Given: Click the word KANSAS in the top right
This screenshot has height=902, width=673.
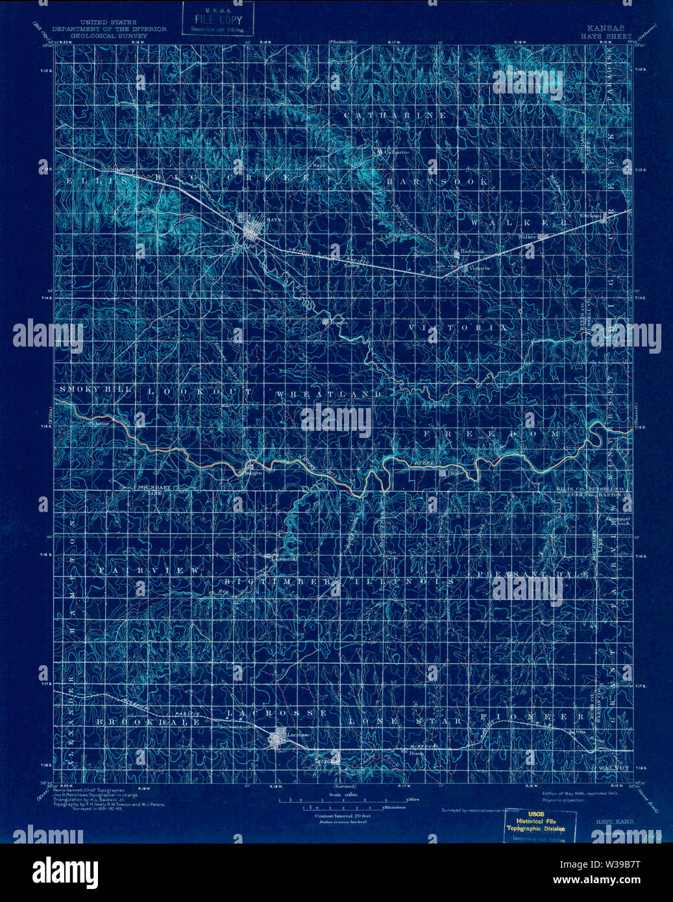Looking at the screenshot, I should pos(606,29).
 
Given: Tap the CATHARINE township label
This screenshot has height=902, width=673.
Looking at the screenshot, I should pos(395,116).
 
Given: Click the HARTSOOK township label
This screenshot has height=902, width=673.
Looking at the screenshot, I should pos(438,182).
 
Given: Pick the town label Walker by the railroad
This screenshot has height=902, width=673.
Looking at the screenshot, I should pos(527,238).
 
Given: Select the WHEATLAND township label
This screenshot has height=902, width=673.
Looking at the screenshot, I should pos(329,395).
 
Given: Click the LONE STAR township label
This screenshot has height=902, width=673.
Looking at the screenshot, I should pos(405,721).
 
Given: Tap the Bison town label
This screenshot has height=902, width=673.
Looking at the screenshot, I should pos(416,753).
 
